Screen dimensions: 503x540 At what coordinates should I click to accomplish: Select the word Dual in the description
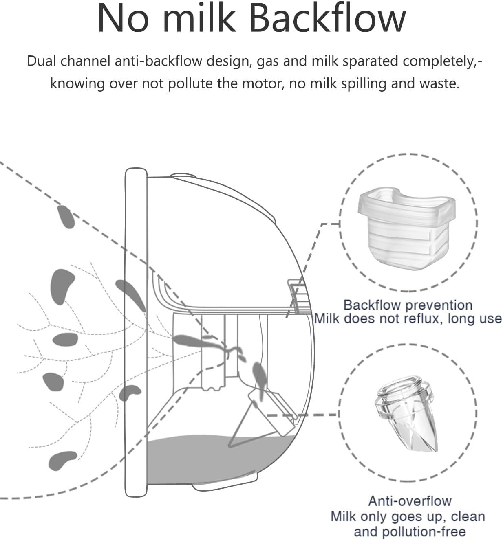[41, 61]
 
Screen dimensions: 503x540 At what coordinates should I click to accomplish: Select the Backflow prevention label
[408, 305]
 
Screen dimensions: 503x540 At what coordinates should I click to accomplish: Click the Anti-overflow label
[410, 501]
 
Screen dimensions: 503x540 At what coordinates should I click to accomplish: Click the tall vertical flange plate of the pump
[136, 332]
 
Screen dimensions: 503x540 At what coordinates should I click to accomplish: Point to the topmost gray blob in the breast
[66, 217]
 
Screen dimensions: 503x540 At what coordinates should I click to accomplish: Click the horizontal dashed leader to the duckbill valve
[303, 415]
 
